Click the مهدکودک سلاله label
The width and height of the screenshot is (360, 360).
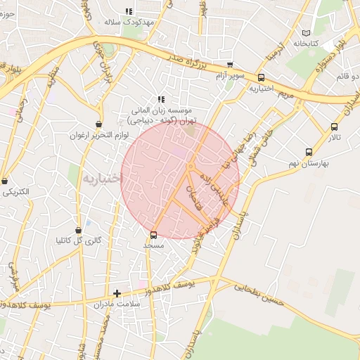[x=129, y=22]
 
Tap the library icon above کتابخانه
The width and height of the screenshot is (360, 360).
[x=305, y=33]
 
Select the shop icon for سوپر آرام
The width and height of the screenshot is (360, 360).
[x=229, y=64]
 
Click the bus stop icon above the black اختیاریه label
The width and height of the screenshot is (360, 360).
[x=262, y=78]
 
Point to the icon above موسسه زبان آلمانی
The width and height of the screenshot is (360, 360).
[x=161, y=99]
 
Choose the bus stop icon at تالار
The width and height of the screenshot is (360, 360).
[x=334, y=127]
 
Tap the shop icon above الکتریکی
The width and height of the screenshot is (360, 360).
[x=5, y=181]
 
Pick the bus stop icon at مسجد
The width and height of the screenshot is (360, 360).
[x=154, y=235]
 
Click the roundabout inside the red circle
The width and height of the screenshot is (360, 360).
[x=190, y=166]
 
